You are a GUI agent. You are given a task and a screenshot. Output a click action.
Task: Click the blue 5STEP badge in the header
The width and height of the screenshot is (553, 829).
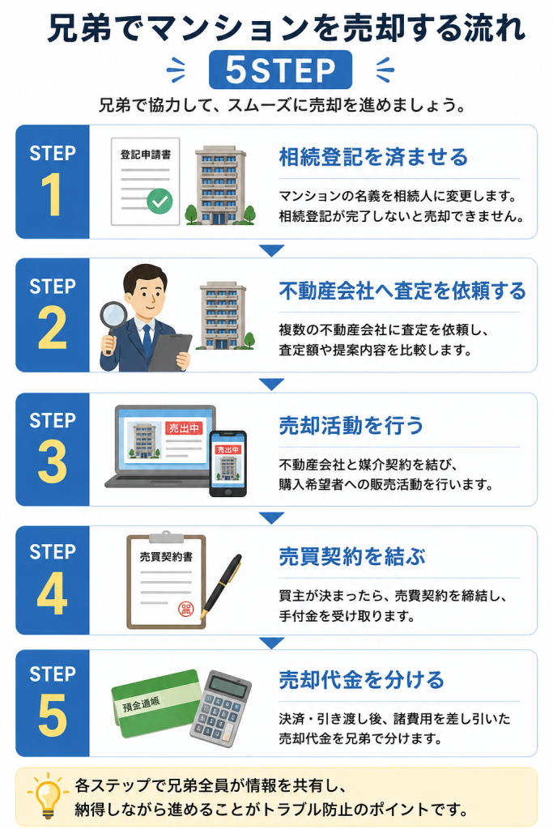pyautogui.click(x=280, y=70)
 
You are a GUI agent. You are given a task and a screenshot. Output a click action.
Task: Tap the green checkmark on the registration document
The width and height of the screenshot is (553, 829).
pyautogui.click(x=160, y=201)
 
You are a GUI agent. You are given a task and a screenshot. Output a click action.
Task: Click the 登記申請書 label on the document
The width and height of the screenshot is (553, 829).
pyautogui.click(x=146, y=155)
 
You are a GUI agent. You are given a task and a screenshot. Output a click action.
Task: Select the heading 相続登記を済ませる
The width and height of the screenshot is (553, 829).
pyautogui.click(x=373, y=157)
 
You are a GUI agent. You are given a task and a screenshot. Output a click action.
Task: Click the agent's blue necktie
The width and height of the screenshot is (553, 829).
pyautogui.click(x=147, y=339)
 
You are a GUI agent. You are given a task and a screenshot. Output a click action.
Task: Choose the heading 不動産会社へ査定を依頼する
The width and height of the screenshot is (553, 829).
pyautogui.click(x=402, y=291)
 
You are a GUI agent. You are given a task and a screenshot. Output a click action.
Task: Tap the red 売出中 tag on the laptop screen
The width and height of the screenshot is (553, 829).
pyautogui.click(x=185, y=428)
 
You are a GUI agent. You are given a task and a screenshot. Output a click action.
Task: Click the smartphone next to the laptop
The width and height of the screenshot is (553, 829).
pyautogui.click(x=228, y=464)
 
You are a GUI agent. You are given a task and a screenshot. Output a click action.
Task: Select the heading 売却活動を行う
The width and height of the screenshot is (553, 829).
pyautogui.click(x=351, y=426)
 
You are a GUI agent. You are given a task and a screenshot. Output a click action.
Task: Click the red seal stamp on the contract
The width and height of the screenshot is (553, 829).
pyautogui.click(x=186, y=609)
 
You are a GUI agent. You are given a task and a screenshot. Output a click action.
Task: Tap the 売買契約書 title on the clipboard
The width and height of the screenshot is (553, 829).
pyautogui.click(x=166, y=557)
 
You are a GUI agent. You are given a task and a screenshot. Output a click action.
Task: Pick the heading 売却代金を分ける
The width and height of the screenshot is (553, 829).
pyautogui.click(x=362, y=680)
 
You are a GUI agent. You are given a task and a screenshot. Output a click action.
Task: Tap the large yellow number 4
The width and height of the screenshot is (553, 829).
pyautogui.click(x=52, y=593)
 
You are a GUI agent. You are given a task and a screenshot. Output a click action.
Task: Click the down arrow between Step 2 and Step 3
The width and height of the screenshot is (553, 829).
pyautogui.click(x=272, y=384)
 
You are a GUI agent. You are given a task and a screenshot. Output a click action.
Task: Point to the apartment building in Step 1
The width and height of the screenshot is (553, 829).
pyautogui.click(x=220, y=185)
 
